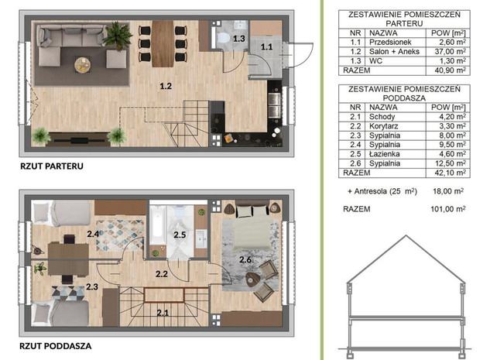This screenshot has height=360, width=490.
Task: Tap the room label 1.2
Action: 166,86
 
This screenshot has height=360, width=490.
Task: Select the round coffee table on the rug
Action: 83,65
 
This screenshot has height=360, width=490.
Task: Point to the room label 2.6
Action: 245,259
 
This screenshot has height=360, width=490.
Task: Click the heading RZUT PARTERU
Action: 52,166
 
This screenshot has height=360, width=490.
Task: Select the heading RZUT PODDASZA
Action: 56,346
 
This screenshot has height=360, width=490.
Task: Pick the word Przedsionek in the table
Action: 390,42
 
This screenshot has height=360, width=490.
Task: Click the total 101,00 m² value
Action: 448,209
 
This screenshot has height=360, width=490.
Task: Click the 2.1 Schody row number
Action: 355,117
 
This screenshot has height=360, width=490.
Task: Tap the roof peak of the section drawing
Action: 406,235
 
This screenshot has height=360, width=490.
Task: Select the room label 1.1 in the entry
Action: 266,47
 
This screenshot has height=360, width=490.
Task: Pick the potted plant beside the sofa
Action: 118,36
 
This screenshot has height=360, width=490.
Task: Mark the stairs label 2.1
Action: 163,313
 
